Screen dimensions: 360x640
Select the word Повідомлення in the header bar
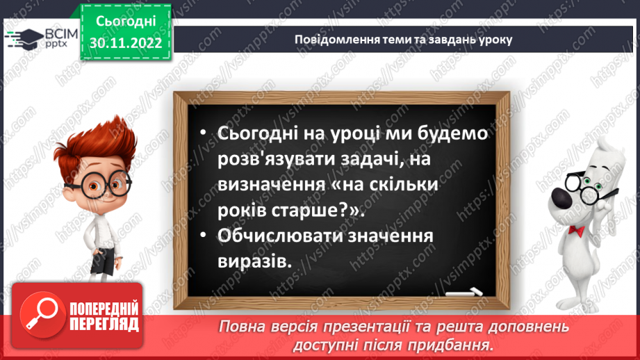(331, 39)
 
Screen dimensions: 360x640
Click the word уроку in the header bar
(495, 39)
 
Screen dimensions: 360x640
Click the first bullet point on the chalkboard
(202, 134)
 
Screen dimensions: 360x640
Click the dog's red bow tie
(575, 229)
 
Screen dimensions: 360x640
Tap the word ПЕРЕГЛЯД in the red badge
(104, 325)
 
